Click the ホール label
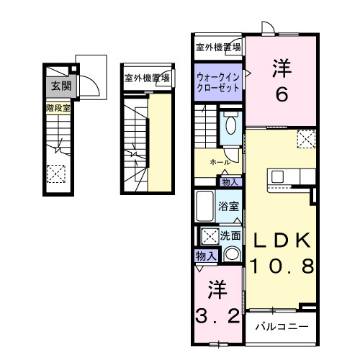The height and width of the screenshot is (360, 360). (x=220, y=163)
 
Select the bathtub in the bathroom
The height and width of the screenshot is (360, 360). (x=204, y=208)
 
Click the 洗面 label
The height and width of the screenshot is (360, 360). (x=230, y=235)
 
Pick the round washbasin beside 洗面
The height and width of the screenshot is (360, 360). (x=231, y=253)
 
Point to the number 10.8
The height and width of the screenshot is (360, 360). (x=282, y=267)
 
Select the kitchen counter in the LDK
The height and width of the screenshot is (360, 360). (x=291, y=176)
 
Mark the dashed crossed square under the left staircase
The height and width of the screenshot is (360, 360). (x=55, y=174)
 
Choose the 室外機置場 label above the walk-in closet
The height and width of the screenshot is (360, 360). (x=219, y=48)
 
